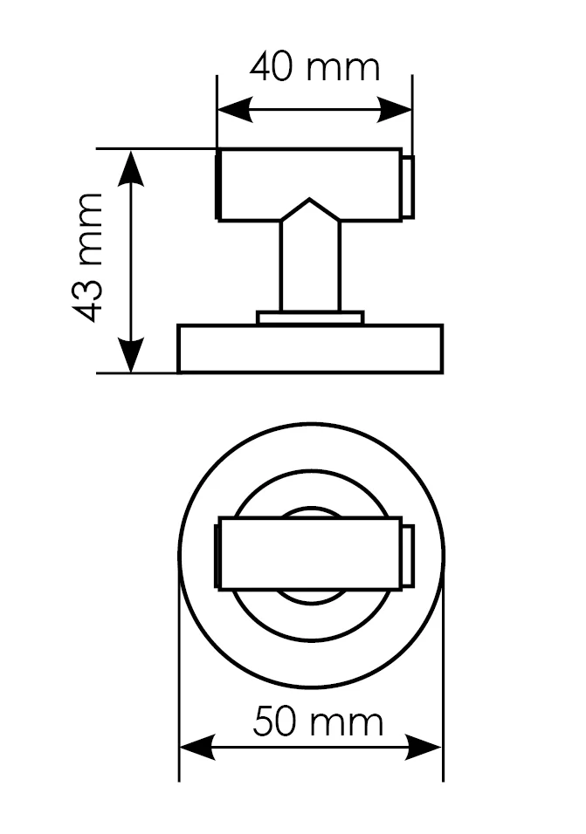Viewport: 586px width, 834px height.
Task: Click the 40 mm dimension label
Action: (315, 67)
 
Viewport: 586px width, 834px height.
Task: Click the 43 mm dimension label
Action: (89, 257)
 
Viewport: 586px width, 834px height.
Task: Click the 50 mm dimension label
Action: (318, 721)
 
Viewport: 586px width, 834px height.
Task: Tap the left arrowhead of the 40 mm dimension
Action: (235, 110)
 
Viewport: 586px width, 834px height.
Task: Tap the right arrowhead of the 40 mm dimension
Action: (395, 110)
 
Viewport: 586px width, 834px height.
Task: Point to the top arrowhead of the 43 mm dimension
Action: (131, 167)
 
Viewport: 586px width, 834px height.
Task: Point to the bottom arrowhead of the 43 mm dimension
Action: (131, 355)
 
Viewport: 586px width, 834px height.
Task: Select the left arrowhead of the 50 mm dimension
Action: (197, 748)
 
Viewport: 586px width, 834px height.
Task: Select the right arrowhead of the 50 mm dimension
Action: (424, 748)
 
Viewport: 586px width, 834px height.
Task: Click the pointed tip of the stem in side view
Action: (309, 200)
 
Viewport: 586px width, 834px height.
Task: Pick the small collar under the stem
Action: (310, 318)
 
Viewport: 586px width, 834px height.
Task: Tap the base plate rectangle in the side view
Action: (310, 348)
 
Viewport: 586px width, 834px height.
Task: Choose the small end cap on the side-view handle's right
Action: (408, 187)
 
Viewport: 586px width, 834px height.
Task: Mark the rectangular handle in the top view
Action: (309, 554)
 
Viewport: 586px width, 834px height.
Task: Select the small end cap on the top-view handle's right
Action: (408, 556)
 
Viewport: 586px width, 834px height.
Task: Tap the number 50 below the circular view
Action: (274, 721)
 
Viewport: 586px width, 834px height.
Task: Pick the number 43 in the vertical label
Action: (89, 299)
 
